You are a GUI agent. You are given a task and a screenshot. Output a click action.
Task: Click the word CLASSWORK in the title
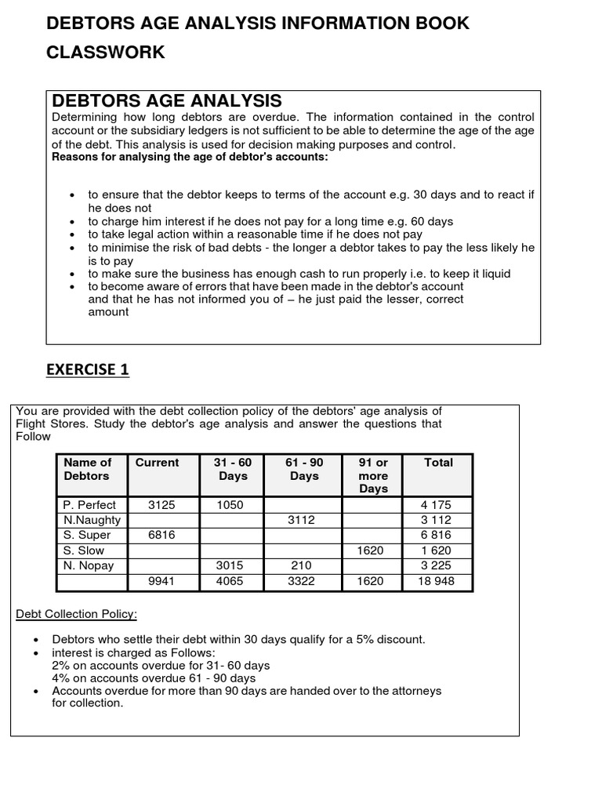click(106, 53)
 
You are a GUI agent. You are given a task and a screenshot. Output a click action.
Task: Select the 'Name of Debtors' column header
click(87, 469)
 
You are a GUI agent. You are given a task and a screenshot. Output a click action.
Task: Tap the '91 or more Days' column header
click(373, 475)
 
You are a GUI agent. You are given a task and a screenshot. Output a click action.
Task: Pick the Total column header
click(438, 463)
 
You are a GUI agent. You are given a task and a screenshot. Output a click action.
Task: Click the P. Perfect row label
click(89, 505)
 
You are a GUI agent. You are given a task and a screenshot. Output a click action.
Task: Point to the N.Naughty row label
click(91, 520)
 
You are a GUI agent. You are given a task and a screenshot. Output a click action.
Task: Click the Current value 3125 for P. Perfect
click(161, 505)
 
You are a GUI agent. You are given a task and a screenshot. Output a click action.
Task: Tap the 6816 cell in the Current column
click(161, 535)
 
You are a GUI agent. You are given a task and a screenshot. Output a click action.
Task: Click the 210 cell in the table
click(301, 565)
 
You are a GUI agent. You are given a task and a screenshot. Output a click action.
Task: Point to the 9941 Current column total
click(161, 581)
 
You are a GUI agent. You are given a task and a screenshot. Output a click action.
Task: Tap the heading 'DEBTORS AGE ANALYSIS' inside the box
click(166, 101)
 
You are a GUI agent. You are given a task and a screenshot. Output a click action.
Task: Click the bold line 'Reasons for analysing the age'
click(190, 156)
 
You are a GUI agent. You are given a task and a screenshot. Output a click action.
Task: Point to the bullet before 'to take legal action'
click(72, 234)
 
